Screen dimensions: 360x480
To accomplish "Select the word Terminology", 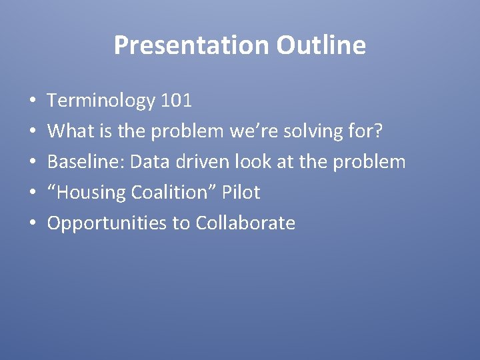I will click(x=101, y=101).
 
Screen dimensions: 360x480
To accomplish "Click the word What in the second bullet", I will click(x=67, y=131).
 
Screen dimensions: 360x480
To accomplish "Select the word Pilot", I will click(x=241, y=193).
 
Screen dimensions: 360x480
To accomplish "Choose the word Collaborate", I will click(x=245, y=223).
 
